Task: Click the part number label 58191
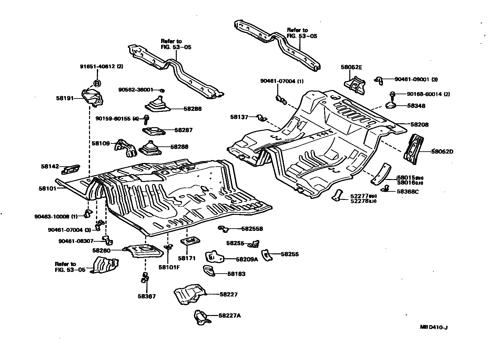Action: (65, 98)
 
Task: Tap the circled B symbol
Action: (97, 84)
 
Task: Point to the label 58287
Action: (183, 130)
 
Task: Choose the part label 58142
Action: (50, 166)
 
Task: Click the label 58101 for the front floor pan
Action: (48, 188)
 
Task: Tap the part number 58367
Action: (146, 296)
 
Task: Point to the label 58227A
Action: (230, 316)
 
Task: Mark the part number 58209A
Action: (247, 259)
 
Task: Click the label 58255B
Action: (252, 229)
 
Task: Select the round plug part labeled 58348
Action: (390, 105)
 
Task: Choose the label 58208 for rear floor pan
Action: (419, 125)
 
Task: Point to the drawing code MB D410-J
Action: (433, 328)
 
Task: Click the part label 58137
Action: (239, 117)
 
